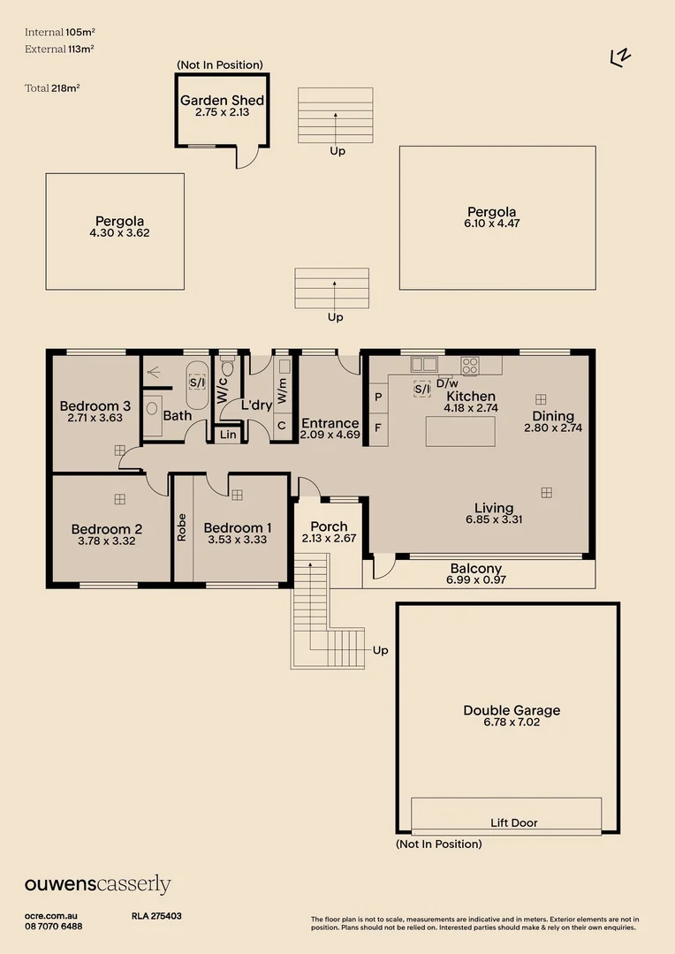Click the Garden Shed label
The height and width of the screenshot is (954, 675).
(x=223, y=101)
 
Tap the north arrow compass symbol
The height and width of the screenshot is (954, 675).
(x=621, y=57)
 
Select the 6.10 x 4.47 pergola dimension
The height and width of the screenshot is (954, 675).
(x=492, y=224)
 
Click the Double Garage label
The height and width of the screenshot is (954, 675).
(x=512, y=710)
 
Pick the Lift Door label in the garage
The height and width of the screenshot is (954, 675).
(x=513, y=822)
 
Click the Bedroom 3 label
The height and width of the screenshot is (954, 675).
(x=95, y=406)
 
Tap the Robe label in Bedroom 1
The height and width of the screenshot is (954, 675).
(x=182, y=527)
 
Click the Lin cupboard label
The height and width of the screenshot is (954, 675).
(x=228, y=434)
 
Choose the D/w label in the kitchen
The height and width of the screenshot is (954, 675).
(x=447, y=383)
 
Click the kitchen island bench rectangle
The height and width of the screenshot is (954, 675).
(x=459, y=431)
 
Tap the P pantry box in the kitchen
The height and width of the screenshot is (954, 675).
(x=378, y=397)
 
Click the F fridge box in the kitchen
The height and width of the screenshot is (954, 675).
(x=378, y=428)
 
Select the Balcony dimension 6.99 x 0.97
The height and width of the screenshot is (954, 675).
(x=476, y=580)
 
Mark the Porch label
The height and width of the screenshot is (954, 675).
(x=329, y=526)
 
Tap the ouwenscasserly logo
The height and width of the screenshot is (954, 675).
(x=97, y=885)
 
